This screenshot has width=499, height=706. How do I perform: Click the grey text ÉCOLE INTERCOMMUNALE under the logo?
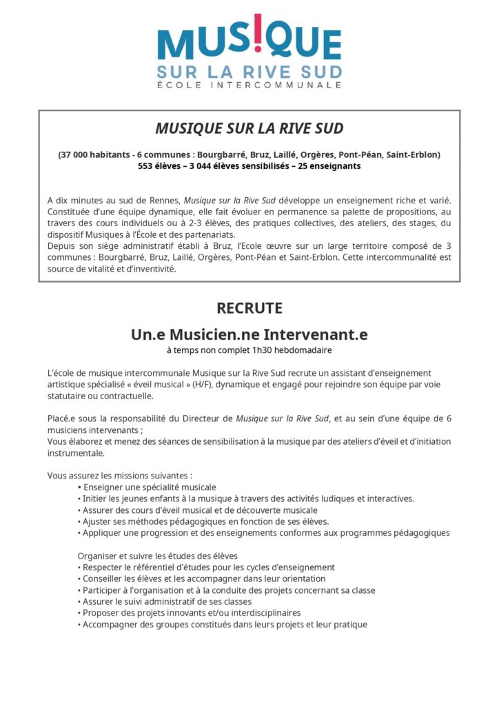[x=250, y=85]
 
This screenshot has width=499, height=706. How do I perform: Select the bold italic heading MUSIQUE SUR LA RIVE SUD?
[x=249, y=129]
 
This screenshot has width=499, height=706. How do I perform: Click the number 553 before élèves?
[x=147, y=166]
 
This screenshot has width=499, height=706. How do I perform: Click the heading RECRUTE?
[x=250, y=308]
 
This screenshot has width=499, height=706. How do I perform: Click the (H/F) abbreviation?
[x=204, y=385]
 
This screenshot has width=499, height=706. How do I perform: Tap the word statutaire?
[x=70, y=396]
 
